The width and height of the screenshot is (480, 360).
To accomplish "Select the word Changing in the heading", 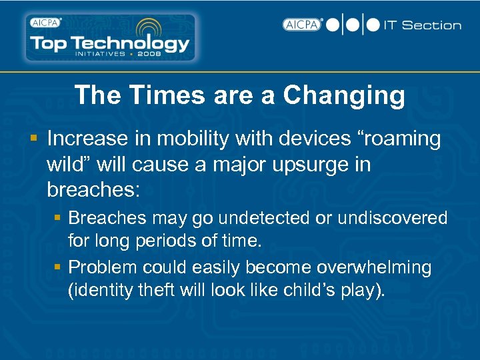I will click(344, 95).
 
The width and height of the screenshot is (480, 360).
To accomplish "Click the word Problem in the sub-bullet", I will click(103, 267).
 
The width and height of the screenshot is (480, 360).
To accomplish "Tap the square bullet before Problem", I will click(58, 267).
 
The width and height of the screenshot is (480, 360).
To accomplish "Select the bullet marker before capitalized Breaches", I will click(58, 218).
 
